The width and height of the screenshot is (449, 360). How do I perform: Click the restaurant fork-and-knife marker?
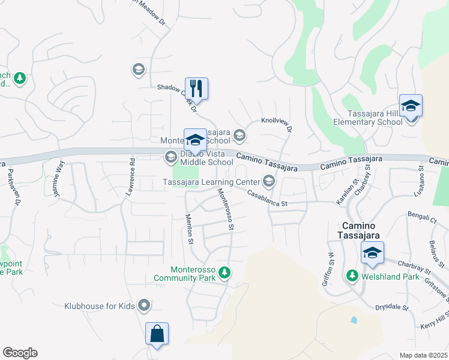pos(196,88)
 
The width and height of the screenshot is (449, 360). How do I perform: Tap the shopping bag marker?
pos(157,333)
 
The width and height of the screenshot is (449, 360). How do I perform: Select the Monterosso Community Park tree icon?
pos(224,273)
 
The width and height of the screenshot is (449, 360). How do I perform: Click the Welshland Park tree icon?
pos(352,277)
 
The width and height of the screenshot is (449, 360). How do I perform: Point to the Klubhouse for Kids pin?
pos(143,306)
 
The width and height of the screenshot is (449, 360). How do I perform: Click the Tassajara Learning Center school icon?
pos(268,181)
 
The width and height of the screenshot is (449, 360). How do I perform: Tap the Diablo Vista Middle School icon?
pos(170,157)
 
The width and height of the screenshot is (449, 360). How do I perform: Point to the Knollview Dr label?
pos(277,124)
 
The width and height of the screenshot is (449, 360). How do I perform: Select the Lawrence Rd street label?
pos(130,177)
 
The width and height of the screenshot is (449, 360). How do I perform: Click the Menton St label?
pos(190,229)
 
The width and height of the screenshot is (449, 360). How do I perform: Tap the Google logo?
pos(20,353)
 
